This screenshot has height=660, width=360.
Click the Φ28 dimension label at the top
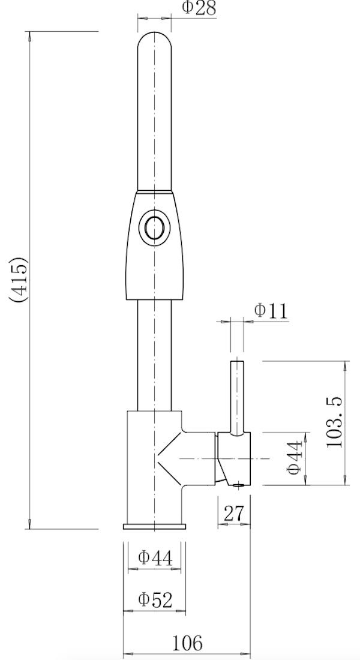(x=198, y=8)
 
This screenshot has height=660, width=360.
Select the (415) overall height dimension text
(x=19, y=280)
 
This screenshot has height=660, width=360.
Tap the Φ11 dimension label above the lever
(x=271, y=311)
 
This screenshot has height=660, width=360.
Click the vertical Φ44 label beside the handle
(x=294, y=458)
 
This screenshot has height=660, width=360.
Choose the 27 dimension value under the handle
(x=234, y=514)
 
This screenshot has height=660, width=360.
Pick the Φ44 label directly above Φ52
(x=155, y=557)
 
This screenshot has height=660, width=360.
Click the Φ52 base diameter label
(x=155, y=599)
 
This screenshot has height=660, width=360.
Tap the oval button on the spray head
(x=154, y=228)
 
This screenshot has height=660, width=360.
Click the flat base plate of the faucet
(x=154, y=527)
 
